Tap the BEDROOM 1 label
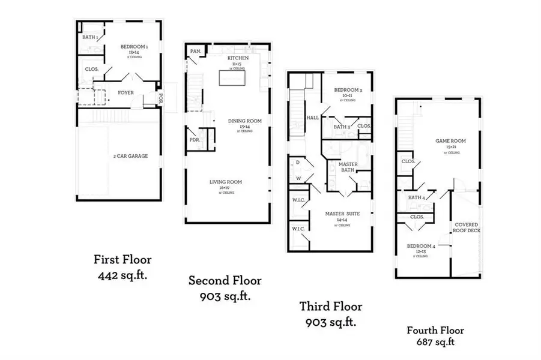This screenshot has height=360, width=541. pos(130,46)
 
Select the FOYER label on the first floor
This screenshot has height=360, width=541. pos(125,93)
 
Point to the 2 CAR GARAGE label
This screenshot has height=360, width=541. pos(130,156)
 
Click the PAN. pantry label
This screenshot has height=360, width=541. pos(195,52)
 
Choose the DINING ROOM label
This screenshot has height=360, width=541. pos(245,121)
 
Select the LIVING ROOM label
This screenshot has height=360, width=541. pos(226,182)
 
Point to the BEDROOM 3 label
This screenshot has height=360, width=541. pos(349,90)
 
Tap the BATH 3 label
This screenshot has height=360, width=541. pos(342,127)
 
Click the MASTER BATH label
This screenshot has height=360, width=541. pos(348,167)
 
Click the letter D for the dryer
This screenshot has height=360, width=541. pos(298,162)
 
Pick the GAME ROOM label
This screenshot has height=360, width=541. pos(450,142)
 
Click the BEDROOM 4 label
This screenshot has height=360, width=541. pos(421,246)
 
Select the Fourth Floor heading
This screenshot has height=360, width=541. pos(435,330)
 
